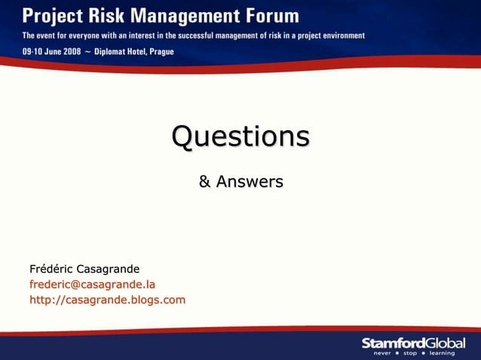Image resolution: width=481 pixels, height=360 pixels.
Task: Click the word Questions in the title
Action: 240,136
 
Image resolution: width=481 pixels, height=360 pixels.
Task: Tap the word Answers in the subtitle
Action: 250,182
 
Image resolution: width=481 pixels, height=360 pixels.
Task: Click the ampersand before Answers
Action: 204,182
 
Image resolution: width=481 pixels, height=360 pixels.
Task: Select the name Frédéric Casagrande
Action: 84,269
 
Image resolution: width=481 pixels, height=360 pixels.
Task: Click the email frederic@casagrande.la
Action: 92,285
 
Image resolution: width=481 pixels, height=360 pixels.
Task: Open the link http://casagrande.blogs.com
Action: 107,301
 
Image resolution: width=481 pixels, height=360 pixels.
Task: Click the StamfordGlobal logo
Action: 413,343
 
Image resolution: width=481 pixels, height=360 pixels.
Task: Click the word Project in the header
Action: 52,16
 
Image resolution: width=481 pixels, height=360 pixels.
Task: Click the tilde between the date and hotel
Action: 86,52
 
